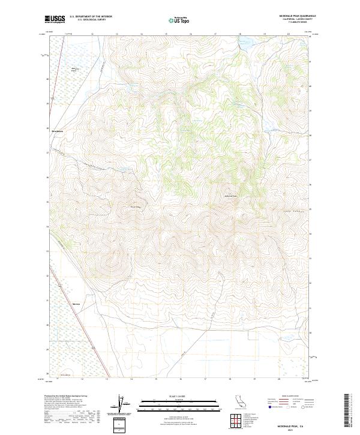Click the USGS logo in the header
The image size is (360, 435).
(56, 20)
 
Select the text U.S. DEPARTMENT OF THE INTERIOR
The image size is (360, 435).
(91, 16)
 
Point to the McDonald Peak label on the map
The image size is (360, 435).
(231, 196)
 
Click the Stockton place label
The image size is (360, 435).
(57, 131)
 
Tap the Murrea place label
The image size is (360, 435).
(76, 304)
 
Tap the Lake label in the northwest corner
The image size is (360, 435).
(74, 70)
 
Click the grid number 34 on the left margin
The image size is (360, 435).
(47, 227)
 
